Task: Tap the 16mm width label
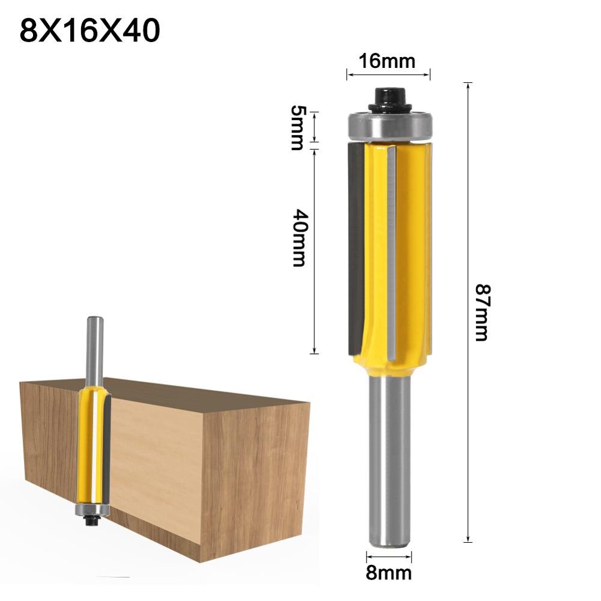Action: tap(388, 61)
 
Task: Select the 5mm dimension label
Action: tap(297, 127)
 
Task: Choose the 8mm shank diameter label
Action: tap(389, 572)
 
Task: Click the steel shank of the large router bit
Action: tap(389, 457)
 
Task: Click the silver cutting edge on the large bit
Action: tap(392, 252)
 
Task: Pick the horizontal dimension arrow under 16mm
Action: tap(388, 75)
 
